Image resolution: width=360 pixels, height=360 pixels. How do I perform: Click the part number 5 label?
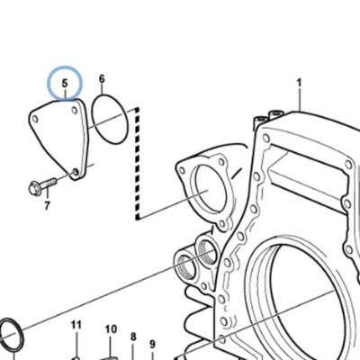(65, 83)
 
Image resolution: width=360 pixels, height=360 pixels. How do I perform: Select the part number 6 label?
(102, 79)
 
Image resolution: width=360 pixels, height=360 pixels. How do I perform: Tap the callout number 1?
(299, 83)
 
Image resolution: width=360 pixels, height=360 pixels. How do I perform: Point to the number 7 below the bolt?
(47, 206)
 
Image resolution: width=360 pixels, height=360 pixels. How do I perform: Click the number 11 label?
(76, 325)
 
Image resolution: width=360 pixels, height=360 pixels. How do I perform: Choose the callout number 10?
(111, 329)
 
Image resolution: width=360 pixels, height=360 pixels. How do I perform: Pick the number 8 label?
(133, 337)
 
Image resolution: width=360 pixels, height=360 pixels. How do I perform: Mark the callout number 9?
(152, 344)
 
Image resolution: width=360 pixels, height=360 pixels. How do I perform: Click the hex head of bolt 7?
(34, 189)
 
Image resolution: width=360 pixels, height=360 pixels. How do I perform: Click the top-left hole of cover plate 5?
(35, 120)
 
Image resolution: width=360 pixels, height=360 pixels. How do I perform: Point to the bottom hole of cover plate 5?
(76, 172)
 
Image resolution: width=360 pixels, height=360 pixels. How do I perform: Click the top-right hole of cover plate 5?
(75, 110)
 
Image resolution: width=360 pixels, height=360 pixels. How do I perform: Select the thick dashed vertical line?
(137, 164)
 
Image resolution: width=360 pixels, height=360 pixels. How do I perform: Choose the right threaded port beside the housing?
(207, 249)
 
